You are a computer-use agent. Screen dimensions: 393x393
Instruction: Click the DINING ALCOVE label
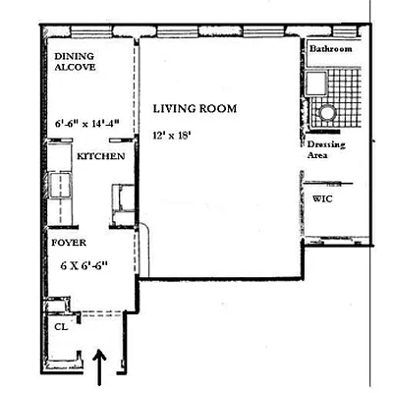[x=74, y=64]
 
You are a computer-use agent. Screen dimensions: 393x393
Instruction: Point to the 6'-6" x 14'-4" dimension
[x=86, y=124]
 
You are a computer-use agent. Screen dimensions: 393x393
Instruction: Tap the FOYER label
[x=68, y=240]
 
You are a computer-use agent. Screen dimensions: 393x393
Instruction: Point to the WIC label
[x=323, y=197]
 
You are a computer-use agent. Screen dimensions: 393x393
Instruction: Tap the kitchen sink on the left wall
[x=56, y=184]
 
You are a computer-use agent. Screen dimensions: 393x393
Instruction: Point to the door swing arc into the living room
[x=144, y=236]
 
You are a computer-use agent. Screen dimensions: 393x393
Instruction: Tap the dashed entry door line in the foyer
[x=98, y=313]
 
